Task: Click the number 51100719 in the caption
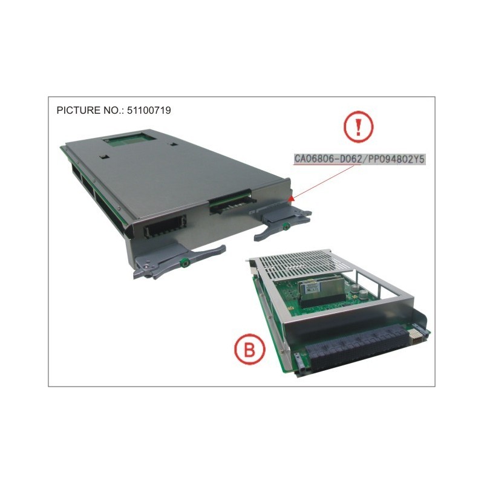pyautogui.click(x=149, y=110)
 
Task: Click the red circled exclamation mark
pyautogui.click(x=358, y=126)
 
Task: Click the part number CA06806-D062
pyautogui.click(x=327, y=159)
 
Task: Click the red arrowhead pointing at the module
pyautogui.click(x=291, y=199)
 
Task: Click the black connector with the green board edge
pyautogui.click(x=231, y=202)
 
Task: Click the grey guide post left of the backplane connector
pyautogui.click(x=301, y=362)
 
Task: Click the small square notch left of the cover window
pyautogui.click(x=104, y=157)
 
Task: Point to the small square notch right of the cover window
pyautogui.click(x=174, y=144)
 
